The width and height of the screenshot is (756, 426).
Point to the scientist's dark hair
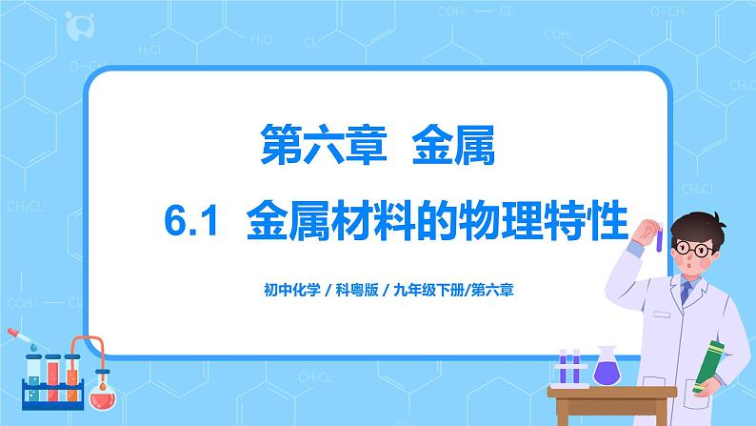(x=700, y=224)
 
